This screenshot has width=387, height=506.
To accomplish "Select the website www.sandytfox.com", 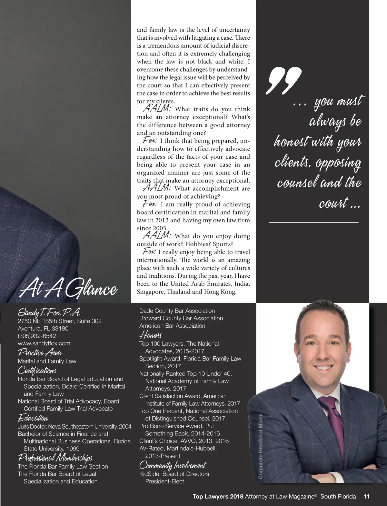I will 44,343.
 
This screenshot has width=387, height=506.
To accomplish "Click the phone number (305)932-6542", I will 37,336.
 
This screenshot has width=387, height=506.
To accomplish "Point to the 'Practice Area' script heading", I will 40,352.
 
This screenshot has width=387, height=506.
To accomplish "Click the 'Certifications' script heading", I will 37,370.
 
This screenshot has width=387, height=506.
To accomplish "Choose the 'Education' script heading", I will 33,418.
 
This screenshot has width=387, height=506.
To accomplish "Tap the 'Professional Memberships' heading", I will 55,458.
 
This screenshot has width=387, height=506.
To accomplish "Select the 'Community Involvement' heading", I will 173,465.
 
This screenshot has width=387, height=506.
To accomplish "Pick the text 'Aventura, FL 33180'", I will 43,328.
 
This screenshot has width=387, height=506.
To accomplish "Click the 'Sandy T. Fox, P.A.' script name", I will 49,312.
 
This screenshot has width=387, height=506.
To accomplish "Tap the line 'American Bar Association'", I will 172,326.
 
